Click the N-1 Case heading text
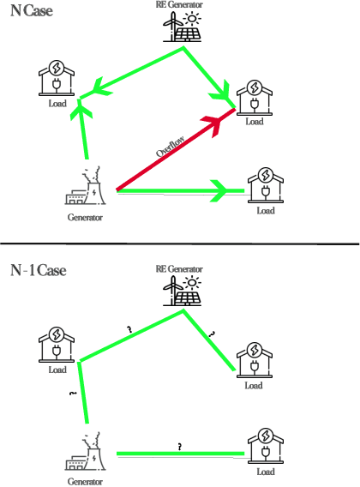pyautogui.click(x=39, y=270)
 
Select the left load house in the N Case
pyautogui.click(x=56, y=78)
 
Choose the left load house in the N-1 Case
pyautogui.click(x=56, y=346)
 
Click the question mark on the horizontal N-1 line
pyautogui.click(x=179, y=447)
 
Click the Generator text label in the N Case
pyautogui.click(x=85, y=218)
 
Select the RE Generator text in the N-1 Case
pyautogui.click(x=179, y=269)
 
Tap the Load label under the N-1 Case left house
pyautogui.click(x=57, y=370)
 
